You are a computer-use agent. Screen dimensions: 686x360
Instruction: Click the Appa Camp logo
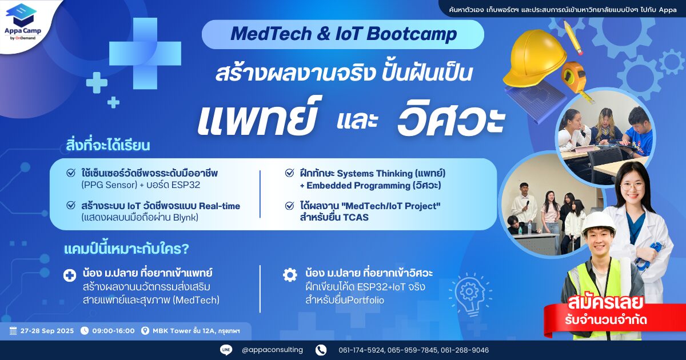click(x=22, y=22)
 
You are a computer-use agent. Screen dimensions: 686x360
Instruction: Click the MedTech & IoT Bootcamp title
click(x=344, y=34)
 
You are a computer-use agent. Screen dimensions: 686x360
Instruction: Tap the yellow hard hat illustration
click(x=535, y=58)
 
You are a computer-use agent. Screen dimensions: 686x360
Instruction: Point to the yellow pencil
click(x=573, y=37)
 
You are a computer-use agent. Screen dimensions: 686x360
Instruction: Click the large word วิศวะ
click(x=451, y=118)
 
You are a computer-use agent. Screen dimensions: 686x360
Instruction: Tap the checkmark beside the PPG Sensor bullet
click(x=71, y=173)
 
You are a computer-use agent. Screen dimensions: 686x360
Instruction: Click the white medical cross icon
click(x=70, y=275)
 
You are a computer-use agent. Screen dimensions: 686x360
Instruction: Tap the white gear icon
click(x=290, y=275)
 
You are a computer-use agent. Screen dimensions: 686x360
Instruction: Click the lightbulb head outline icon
click(x=470, y=294)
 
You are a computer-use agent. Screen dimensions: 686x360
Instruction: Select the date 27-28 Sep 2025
click(x=47, y=331)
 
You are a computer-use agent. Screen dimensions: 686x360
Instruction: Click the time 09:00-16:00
click(x=113, y=331)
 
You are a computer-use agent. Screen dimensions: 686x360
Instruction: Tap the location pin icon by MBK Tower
click(x=145, y=331)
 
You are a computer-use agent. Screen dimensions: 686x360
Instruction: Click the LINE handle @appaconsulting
click(x=272, y=350)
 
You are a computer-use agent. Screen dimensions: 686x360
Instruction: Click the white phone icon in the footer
click(x=321, y=350)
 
